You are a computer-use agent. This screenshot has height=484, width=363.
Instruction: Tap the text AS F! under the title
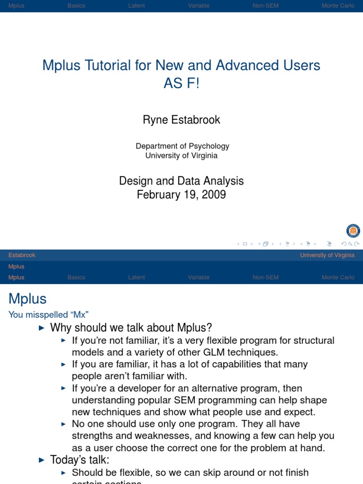(181, 84)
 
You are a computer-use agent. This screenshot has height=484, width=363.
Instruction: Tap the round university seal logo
(353, 231)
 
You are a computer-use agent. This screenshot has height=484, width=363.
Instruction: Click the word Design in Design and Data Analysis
(136, 181)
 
